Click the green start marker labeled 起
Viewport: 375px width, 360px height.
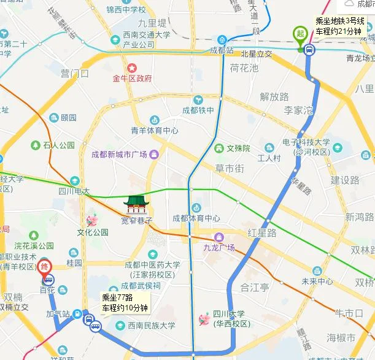point(300,33)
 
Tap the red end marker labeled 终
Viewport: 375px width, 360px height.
point(44,267)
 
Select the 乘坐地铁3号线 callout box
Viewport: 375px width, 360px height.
point(339,25)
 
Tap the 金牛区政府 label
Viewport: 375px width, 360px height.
point(132,79)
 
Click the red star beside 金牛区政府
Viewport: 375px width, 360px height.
point(131,67)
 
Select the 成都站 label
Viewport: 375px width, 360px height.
point(222,50)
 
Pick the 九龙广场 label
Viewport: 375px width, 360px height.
point(219,248)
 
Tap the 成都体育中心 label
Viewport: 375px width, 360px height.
point(196,218)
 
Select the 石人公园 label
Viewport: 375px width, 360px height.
point(58,145)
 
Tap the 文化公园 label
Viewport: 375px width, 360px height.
point(93,232)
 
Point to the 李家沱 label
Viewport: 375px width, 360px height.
point(298,110)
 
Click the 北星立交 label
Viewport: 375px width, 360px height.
point(257,54)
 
